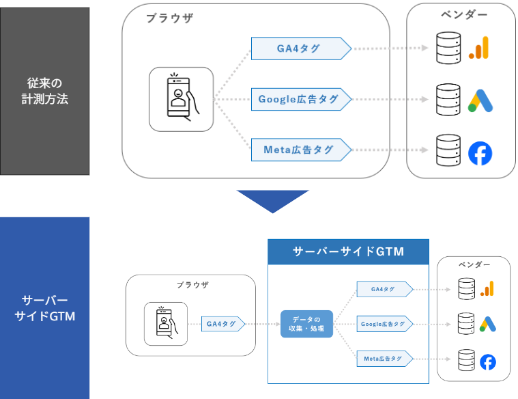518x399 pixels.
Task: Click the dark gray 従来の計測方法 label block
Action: pyautogui.click(x=44, y=91)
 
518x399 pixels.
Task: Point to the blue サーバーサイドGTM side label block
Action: pyautogui.click(x=44, y=308)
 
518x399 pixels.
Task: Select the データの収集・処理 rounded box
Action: pyautogui.click(x=306, y=324)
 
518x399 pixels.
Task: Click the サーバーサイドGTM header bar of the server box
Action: pyautogui.click(x=348, y=252)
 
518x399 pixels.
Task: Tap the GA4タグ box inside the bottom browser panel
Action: pyautogui.click(x=223, y=324)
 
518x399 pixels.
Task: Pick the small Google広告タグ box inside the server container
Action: pyautogui.click(x=385, y=324)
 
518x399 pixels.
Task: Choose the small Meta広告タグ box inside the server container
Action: pyautogui.click(x=385, y=359)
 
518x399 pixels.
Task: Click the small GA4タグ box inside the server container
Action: pyautogui.click(x=385, y=289)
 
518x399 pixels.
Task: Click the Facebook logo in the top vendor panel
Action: pyautogui.click(x=480, y=154)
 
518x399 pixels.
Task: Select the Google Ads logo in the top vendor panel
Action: pyautogui.click(x=480, y=100)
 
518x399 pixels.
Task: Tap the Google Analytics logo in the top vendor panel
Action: pyautogui.click(x=478, y=48)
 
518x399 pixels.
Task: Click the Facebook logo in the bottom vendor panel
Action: pyautogui.click(x=488, y=362)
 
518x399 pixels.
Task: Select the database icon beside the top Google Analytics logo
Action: pyautogui.click(x=448, y=48)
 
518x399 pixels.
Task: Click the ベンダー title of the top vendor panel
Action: pyautogui.click(x=464, y=14)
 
